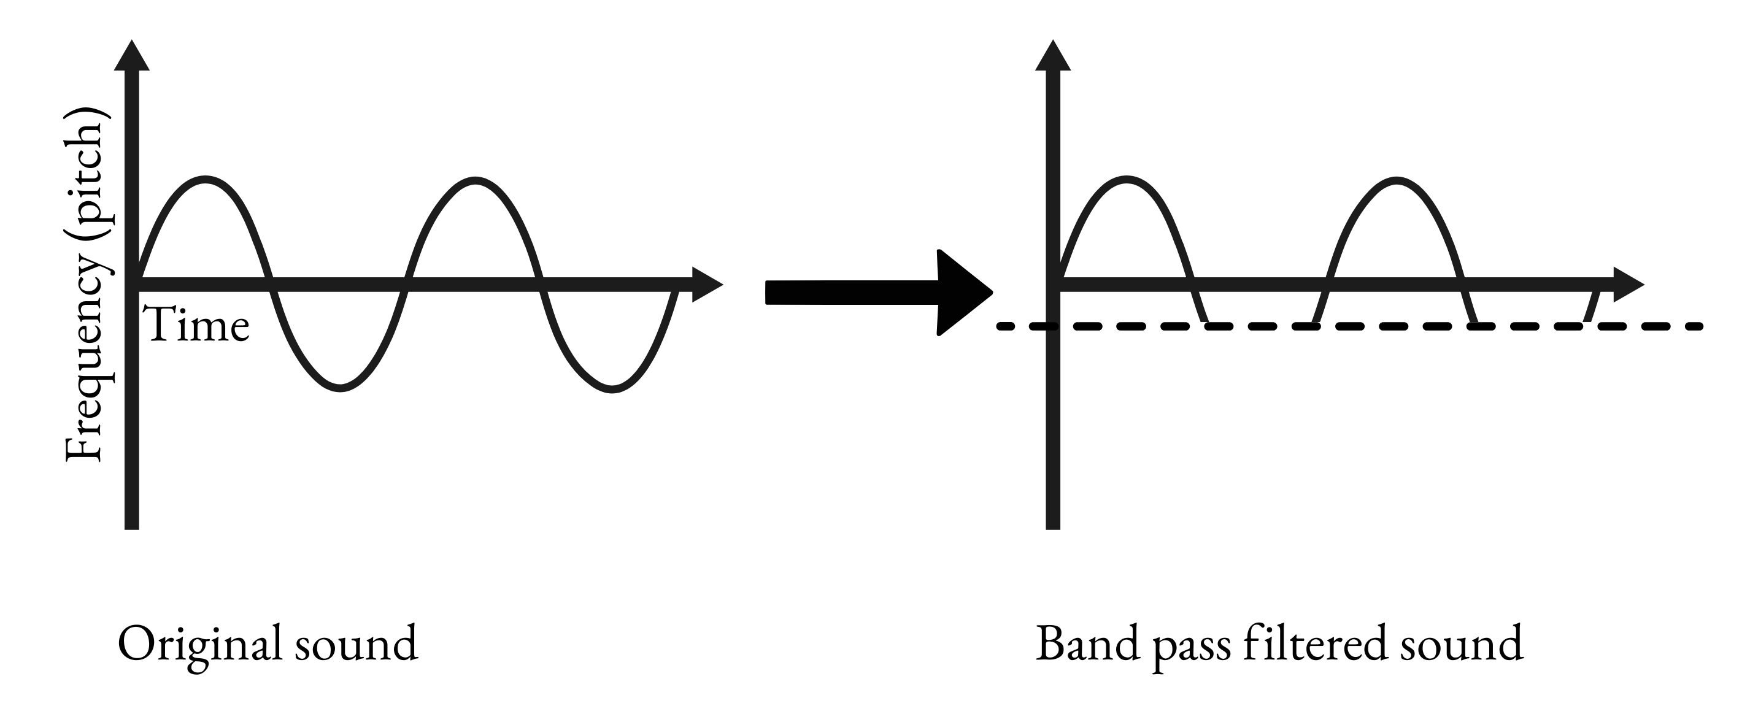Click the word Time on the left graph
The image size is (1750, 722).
coord(198,325)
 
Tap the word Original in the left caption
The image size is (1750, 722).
coord(200,645)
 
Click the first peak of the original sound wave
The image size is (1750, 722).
coord(204,180)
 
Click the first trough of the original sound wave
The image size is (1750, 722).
coord(340,388)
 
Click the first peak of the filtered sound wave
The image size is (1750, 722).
coord(1127,180)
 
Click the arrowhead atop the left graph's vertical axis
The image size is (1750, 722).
coord(132,56)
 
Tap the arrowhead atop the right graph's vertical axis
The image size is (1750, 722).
coord(1053,56)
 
